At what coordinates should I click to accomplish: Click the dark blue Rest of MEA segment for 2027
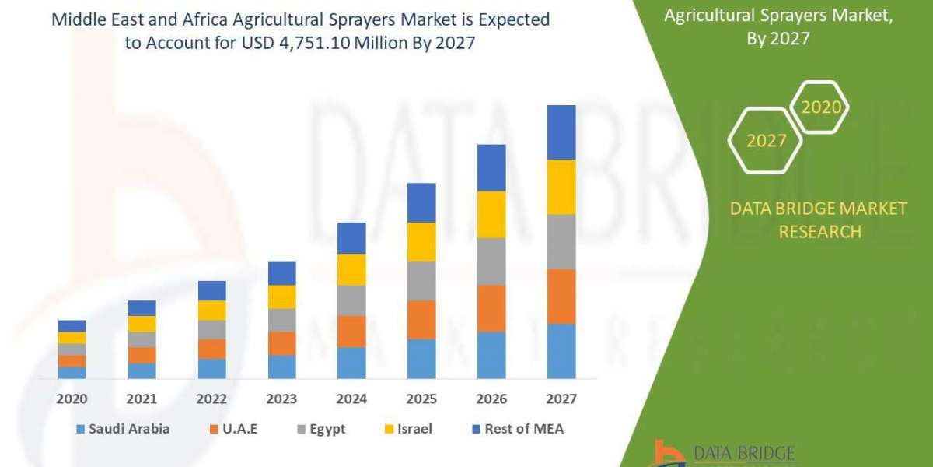click(561, 132)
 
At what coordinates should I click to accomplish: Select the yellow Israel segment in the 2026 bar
click(491, 214)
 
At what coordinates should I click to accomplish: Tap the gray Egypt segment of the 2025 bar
click(421, 280)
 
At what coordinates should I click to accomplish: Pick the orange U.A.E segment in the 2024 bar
click(351, 331)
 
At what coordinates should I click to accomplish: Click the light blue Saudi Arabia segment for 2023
click(281, 367)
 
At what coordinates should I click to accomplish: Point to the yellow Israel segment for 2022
click(211, 310)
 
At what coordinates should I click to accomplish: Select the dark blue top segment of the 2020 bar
click(72, 325)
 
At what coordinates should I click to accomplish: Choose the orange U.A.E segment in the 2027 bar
click(561, 296)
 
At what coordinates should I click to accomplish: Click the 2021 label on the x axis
click(142, 399)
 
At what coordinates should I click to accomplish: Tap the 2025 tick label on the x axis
click(421, 399)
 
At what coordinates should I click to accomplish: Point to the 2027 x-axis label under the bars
click(561, 399)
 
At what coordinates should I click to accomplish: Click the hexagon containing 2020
click(820, 107)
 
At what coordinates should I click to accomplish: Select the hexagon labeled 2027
click(766, 141)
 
